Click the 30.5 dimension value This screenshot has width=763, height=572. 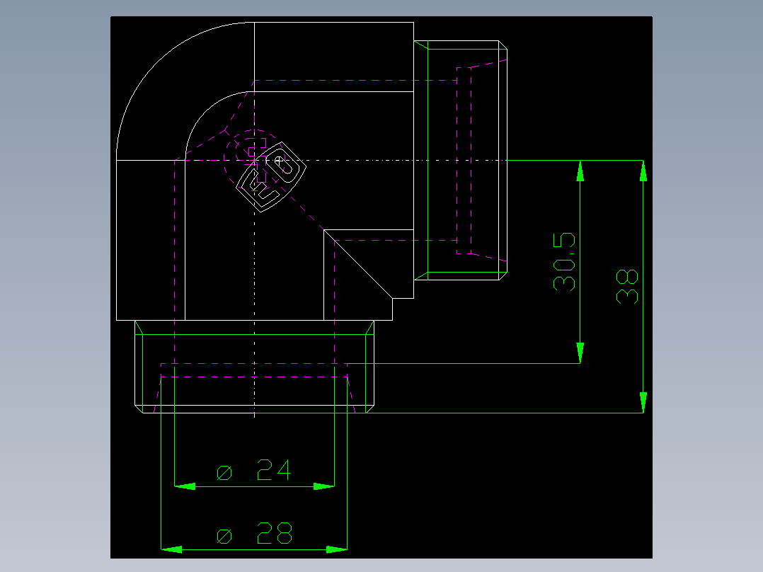(564, 262)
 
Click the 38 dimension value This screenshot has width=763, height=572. (627, 286)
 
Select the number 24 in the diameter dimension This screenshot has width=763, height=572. (274, 470)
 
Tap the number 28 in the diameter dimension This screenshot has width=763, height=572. (275, 533)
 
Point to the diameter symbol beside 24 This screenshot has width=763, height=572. (224, 473)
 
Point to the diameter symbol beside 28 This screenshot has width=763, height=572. (224, 537)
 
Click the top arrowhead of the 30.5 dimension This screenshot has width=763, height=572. (580, 171)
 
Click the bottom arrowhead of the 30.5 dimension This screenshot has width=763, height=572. (580, 353)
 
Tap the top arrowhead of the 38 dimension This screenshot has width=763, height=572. (643, 171)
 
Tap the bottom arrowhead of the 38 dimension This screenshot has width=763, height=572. (643, 402)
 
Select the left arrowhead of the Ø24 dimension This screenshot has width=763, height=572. (185, 486)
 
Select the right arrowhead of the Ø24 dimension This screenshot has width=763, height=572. (324, 486)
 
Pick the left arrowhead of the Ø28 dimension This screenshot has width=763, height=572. (171, 549)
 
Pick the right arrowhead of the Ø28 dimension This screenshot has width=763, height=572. (337, 549)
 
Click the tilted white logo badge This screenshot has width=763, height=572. (271, 177)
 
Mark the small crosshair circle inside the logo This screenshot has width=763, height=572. (279, 160)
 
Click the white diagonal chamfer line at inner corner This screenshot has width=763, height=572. (358, 264)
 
